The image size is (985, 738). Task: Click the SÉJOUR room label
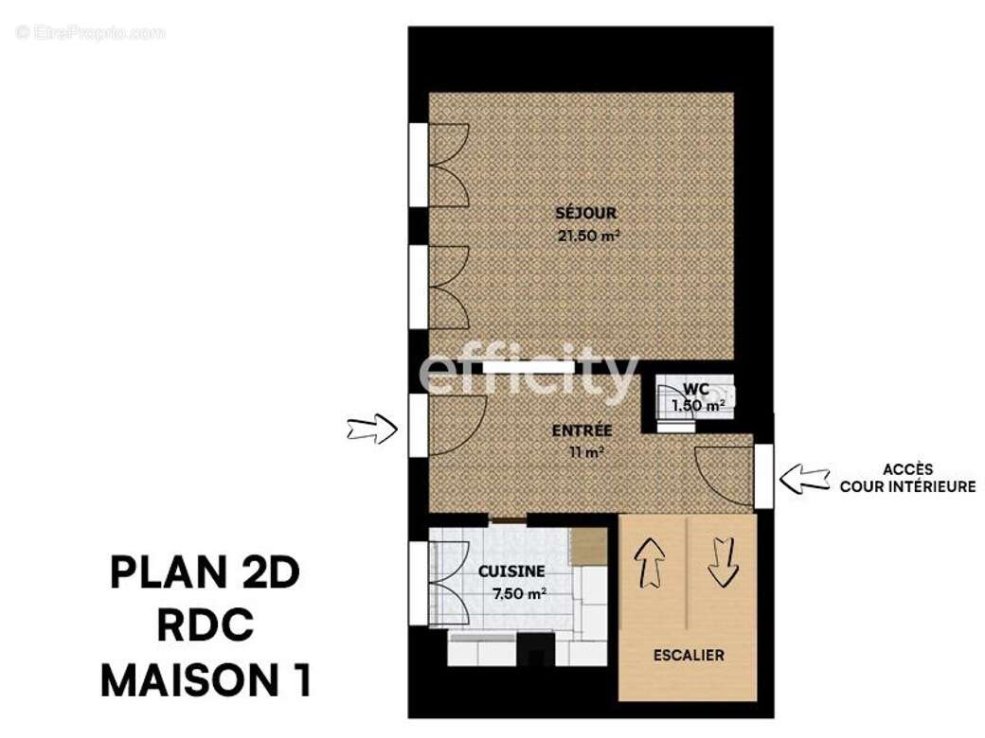click(x=586, y=213)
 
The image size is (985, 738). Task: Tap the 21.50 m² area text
click(x=588, y=236)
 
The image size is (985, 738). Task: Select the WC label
click(x=696, y=389)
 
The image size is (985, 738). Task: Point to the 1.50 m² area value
click(x=698, y=406)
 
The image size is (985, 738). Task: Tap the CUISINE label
click(x=510, y=571)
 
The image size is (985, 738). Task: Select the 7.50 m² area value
click(x=519, y=593)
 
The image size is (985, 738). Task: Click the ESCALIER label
click(x=689, y=655)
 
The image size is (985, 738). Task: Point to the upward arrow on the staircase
click(x=652, y=564)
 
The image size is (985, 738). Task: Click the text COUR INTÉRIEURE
click(x=907, y=486)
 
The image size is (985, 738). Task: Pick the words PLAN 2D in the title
click(x=205, y=573)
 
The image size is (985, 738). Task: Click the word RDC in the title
click(x=206, y=626)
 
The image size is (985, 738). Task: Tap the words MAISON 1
click(x=206, y=680)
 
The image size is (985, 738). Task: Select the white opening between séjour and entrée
click(x=528, y=366)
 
